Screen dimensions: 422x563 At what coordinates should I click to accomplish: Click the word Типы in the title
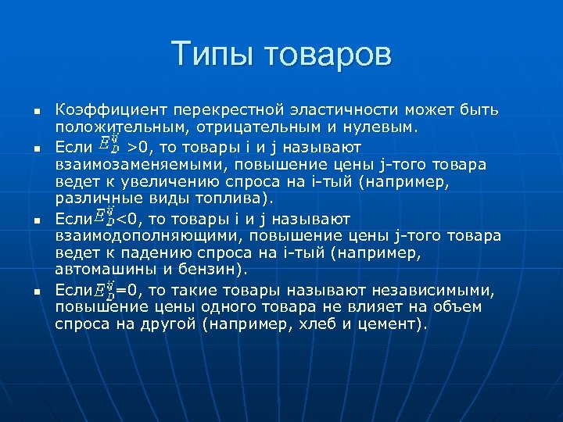point(213,55)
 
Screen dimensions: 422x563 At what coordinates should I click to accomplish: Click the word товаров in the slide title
point(328,55)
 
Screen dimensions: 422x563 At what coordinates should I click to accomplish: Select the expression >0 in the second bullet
point(138,145)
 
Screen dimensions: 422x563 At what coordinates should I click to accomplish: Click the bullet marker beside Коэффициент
point(35,111)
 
